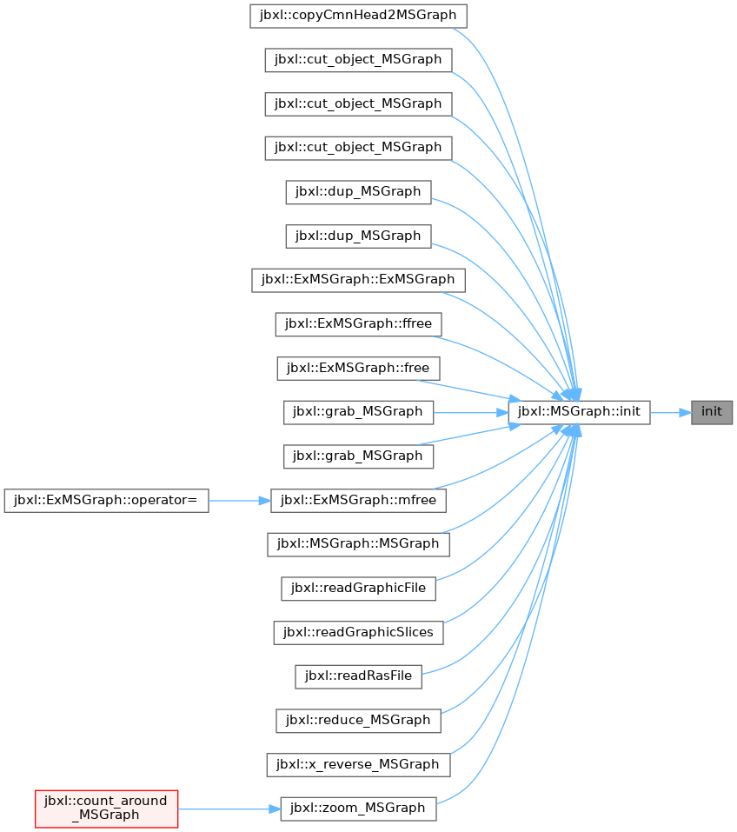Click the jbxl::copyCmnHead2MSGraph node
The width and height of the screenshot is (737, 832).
click(x=358, y=16)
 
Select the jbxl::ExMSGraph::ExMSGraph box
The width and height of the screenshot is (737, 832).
click(x=358, y=280)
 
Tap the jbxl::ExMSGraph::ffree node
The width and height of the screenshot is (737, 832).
click(x=358, y=323)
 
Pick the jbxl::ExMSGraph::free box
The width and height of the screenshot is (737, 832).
click(x=358, y=368)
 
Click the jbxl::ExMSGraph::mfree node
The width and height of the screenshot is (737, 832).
click(x=358, y=501)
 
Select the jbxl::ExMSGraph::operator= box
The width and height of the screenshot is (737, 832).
click(x=106, y=501)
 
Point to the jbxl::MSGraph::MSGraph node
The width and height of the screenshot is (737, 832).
click(x=358, y=544)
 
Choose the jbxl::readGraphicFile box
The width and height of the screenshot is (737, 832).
click(x=358, y=589)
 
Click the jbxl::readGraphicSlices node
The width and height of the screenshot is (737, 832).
click(x=358, y=633)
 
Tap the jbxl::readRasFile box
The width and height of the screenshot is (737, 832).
click(x=358, y=676)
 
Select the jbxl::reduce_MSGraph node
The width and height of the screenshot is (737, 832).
click(x=358, y=721)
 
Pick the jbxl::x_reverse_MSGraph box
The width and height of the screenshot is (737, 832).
click(x=358, y=764)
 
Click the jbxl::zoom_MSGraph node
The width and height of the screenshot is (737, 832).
click(x=358, y=809)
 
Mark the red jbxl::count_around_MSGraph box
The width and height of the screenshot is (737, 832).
click(x=106, y=809)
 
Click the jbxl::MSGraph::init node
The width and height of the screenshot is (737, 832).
click(x=579, y=412)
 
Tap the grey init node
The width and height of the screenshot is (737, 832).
click(x=712, y=412)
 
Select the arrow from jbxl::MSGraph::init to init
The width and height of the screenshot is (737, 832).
click(x=671, y=412)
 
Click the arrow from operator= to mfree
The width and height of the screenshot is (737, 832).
click(x=239, y=501)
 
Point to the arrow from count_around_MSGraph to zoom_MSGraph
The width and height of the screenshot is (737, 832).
click(x=229, y=809)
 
